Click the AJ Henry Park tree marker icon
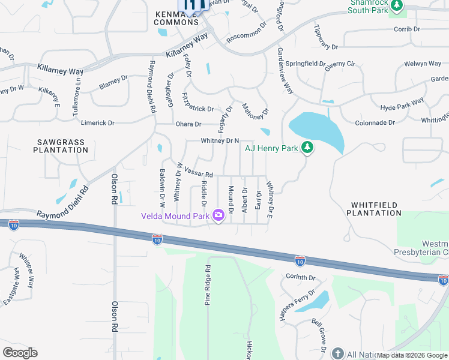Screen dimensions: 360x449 307,147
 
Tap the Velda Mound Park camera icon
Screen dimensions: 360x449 218,214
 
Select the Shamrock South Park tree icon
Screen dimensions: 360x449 396,5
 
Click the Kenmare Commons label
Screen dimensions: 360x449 176,17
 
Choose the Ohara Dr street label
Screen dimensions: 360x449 188,124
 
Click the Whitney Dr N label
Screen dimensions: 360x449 220,140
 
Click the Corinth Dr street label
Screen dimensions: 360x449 300,278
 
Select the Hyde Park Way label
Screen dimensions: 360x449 402,104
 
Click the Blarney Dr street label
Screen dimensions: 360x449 113,82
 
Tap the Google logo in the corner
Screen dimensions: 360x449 20,353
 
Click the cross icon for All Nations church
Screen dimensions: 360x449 337,354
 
